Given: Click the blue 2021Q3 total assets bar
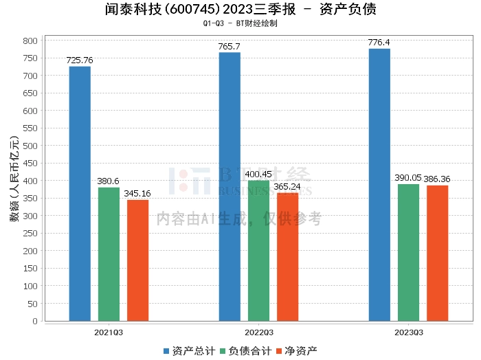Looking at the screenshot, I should tap(80, 193).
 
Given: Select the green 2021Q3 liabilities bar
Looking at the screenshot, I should tap(109, 254).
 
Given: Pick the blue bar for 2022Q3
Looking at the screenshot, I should tap(230, 186).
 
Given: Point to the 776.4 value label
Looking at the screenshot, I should tap(379, 43).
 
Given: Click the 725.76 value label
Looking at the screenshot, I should tap(80, 60).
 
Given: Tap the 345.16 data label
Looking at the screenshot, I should tap(137, 194).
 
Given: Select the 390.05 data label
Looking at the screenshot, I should tap(408, 178).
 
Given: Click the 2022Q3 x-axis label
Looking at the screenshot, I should tap(258, 333).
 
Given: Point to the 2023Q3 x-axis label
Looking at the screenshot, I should tap(408, 333).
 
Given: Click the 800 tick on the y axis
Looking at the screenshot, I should tap(30, 41).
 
